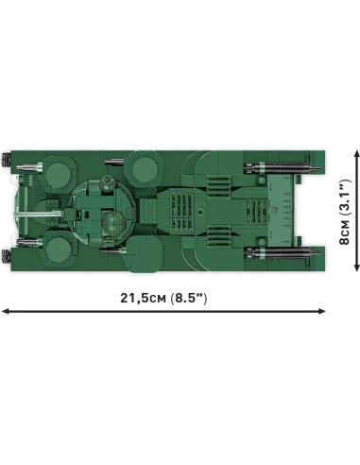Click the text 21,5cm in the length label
pos(143,298)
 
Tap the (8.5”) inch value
pos(189,298)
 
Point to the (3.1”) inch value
pos(345,197)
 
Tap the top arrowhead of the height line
pos(357,154)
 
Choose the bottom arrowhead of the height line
pos(357,267)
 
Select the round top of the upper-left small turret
pos(58,175)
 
